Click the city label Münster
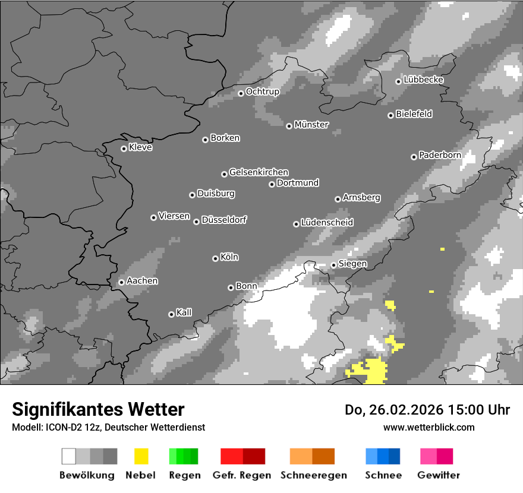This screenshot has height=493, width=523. click(311, 125)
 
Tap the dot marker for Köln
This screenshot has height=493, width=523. click(215, 258)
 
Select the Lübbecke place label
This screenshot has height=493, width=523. click(423, 80)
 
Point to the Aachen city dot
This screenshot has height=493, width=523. click(121, 282)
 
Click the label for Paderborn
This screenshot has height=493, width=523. click(440, 155)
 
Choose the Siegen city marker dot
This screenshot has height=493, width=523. click(333, 265)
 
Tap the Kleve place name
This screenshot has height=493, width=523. click(140, 147)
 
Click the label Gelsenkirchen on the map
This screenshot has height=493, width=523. click(259, 172)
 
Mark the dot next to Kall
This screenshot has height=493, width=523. click(171, 314)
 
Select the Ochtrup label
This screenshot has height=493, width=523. click(263, 91)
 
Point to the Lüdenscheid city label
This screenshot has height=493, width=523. click(327, 222)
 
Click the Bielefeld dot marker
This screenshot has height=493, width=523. click(390, 115)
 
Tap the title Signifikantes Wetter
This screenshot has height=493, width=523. click(98, 409)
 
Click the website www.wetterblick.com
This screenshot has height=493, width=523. click(429, 427)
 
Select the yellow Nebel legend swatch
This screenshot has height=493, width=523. click(141, 456)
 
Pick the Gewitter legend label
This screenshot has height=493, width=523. click(439, 475)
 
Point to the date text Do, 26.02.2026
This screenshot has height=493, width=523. click(395, 410)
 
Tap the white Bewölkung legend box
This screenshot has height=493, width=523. click(68, 456)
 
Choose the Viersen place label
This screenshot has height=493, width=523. click(174, 216)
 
